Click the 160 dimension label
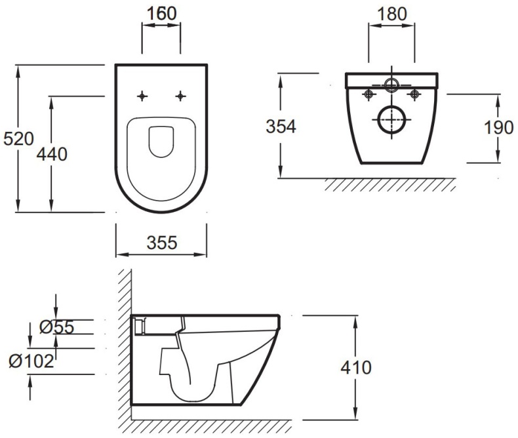pos(161,14)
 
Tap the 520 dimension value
pos(19,139)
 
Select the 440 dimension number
pos(52,154)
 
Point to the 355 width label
pos(162,243)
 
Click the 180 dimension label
pos(391,14)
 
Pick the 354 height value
pos(281,127)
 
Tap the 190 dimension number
pos(499,128)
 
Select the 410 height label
pos(356,367)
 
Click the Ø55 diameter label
pos(57,327)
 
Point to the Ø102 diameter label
pos(31,361)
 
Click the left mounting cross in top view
pos(142,96)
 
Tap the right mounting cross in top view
pos(180,96)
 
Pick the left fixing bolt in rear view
pos(369,95)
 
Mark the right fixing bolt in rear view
pos(414,95)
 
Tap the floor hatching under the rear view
pos(390,185)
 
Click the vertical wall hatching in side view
pos(125,344)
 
